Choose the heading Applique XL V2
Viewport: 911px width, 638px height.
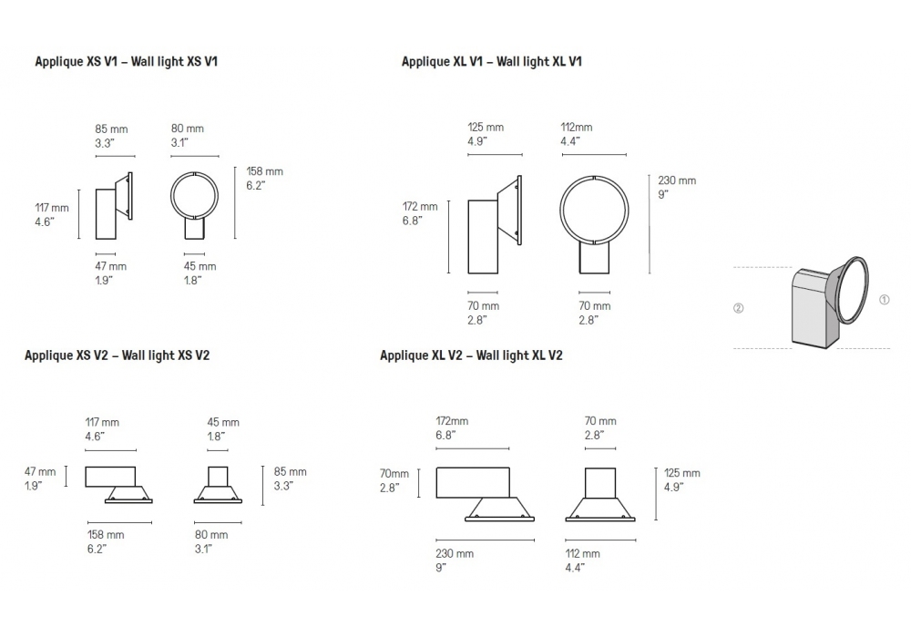pyautogui.click(x=421, y=355)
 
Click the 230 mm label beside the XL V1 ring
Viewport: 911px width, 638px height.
pyautogui.click(x=677, y=180)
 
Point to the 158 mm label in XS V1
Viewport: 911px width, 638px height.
pyautogui.click(x=264, y=171)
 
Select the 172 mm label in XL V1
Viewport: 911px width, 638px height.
pyautogui.click(x=420, y=206)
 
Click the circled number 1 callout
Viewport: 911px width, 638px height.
pyautogui.click(x=885, y=300)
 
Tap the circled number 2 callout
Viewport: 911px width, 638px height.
pyautogui.click(x=739, y=308)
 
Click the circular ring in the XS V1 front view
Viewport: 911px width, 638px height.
pyautogui.click(x=171, y=195)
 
